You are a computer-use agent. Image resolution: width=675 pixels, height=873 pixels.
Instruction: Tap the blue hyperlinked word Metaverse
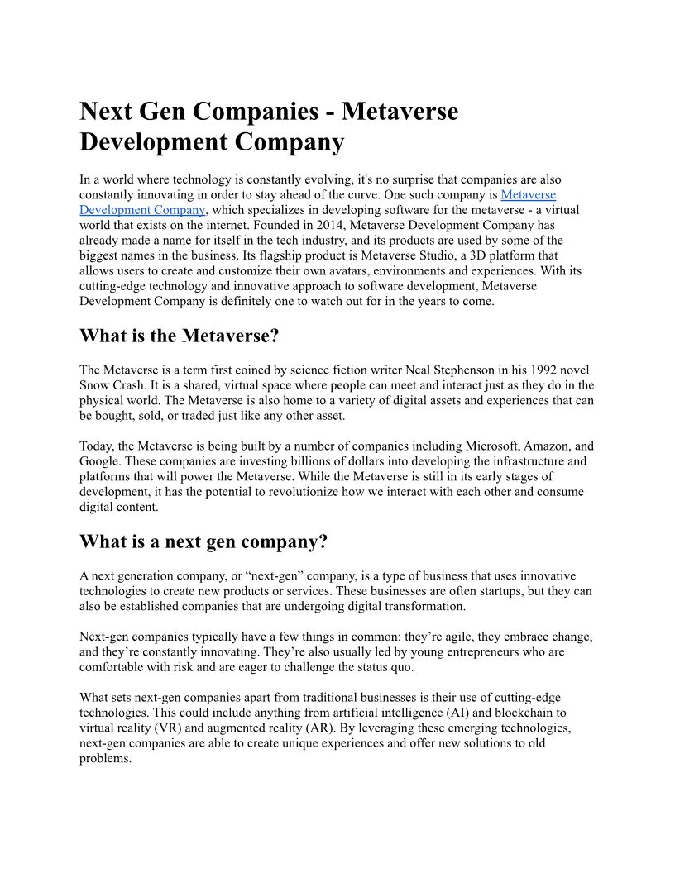529,195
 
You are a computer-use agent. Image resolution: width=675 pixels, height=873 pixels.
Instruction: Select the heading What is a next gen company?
203,541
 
